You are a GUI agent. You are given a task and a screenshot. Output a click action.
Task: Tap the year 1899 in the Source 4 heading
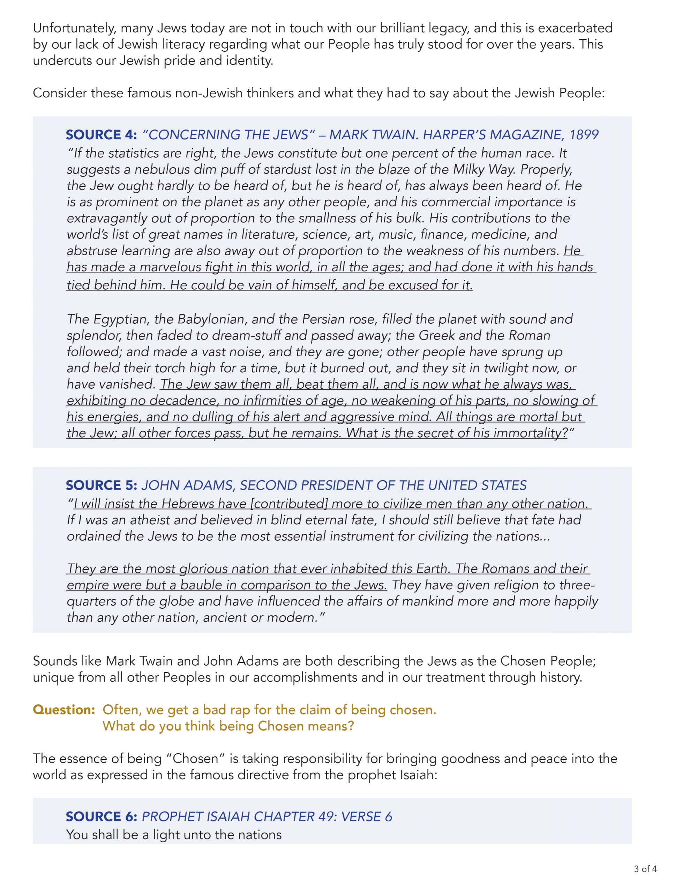click(x=584, y=135)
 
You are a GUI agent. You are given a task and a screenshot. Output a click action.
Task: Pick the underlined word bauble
click(x=202, y=585)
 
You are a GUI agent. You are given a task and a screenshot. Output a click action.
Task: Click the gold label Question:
click(x=64, y=710)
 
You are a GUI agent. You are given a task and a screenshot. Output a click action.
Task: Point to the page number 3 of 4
click(x=645, y=869)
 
